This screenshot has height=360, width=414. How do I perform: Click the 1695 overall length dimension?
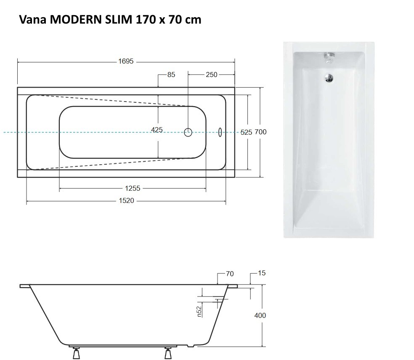click(x=126, y=61)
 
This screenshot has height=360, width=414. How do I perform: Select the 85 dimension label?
click(x=171, y=75)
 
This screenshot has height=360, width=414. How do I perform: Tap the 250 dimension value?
click(x=211, y=75)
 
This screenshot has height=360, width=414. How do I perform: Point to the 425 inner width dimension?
click(x=157, y=130)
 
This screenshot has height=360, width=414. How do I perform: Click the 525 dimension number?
click(x=246, y=132)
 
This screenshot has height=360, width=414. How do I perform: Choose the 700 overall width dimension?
click(x=261, y=132)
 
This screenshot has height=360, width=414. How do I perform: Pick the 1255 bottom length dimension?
click(x=132, y=189)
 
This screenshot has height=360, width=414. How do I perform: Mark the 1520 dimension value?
click(x=126, y=201)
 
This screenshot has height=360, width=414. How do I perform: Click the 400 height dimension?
click(x=260, y=315)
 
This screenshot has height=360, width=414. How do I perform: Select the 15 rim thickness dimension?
click(x=262, y=273)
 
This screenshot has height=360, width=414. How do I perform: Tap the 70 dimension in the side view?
click(x=229, y=274)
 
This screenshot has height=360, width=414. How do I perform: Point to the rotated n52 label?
click(x=200, y=312)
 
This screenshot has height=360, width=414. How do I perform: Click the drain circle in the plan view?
click(x=188, y=132)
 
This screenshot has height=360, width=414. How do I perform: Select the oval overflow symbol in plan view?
click(x=220, y=132)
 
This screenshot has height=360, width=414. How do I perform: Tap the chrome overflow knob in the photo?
click(x=328, y=56)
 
